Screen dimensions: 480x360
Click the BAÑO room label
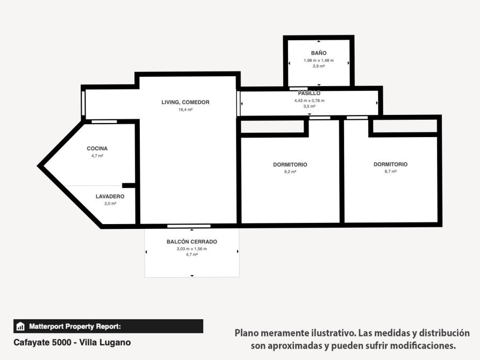pos(319,53)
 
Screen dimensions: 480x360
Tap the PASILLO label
pos(309,93)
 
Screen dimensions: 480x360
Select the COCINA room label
pos(97,148)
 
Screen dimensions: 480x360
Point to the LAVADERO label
pos(110,197)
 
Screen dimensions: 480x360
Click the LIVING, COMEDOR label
pos(185,102)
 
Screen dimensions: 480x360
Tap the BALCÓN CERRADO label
pos(192,242)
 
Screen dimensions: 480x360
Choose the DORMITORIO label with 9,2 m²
pos(290,165)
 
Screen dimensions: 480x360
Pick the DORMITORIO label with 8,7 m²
pos(391,164)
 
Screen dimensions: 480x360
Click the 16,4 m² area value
pos(185,110)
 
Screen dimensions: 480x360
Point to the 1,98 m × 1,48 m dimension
pos(319,61)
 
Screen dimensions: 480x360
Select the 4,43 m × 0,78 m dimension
pos(309,100)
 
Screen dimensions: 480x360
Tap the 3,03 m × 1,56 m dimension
pos(192,249)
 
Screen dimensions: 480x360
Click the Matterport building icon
pos(20,326)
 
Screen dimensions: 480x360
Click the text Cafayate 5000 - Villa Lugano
pos(72,343)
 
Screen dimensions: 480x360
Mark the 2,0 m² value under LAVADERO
pos(110,204)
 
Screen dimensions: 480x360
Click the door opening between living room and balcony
pos(189,226)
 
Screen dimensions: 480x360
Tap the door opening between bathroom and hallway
pos(298,89)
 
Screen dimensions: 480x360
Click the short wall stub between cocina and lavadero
pos(128,185)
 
